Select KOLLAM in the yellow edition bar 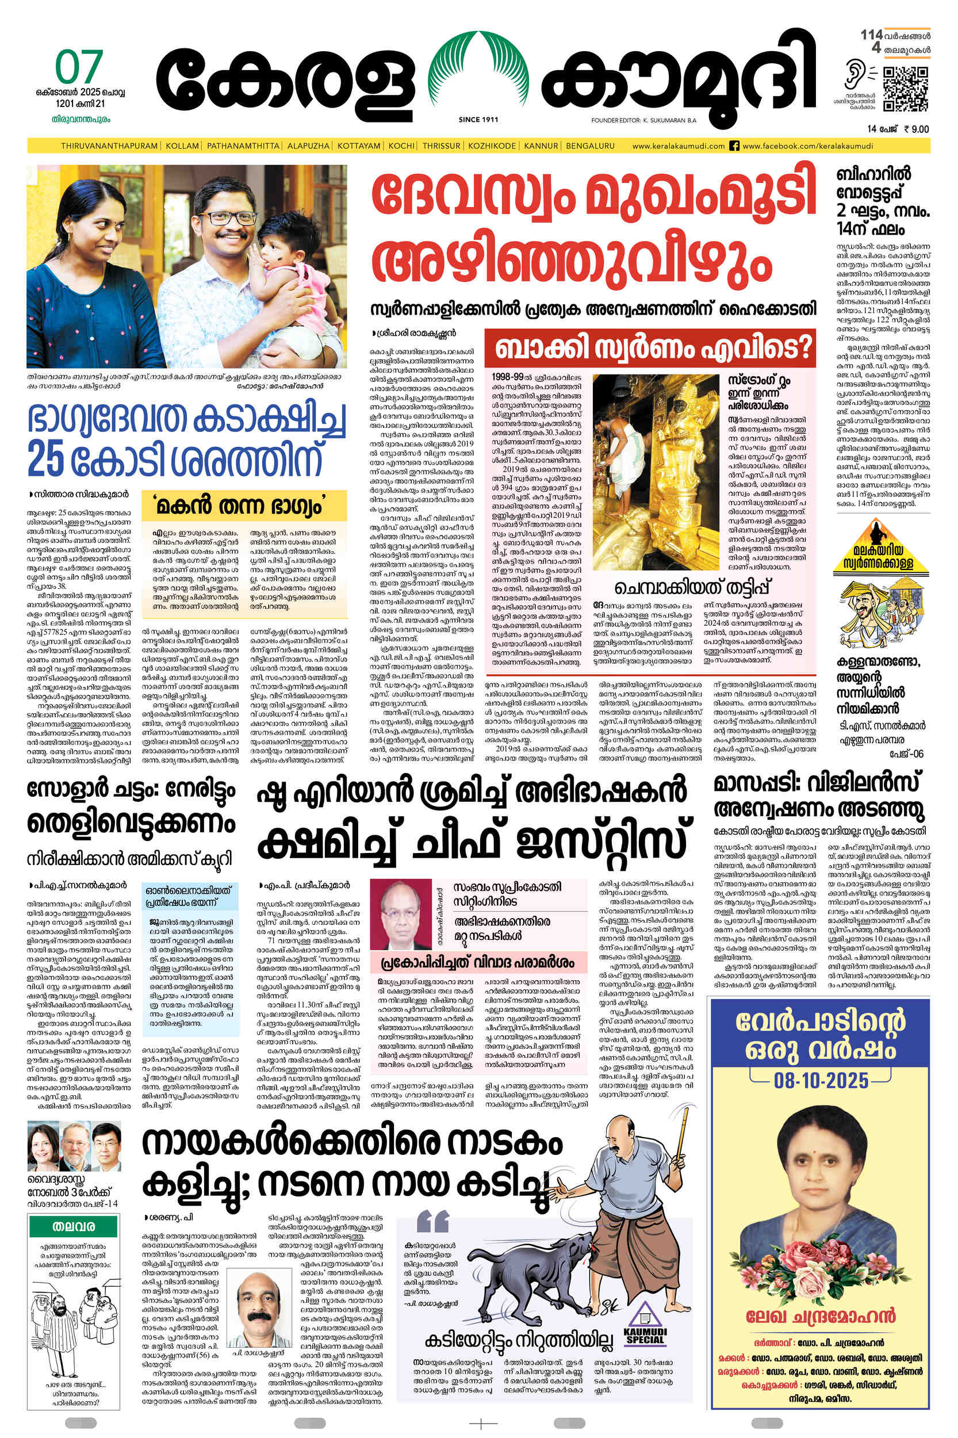[x=182, y=146]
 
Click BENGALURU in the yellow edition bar [x=589, y=146]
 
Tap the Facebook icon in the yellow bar [x=735, y=146]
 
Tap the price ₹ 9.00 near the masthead [x=915, y=129]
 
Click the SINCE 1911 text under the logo [x=478, y=120]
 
